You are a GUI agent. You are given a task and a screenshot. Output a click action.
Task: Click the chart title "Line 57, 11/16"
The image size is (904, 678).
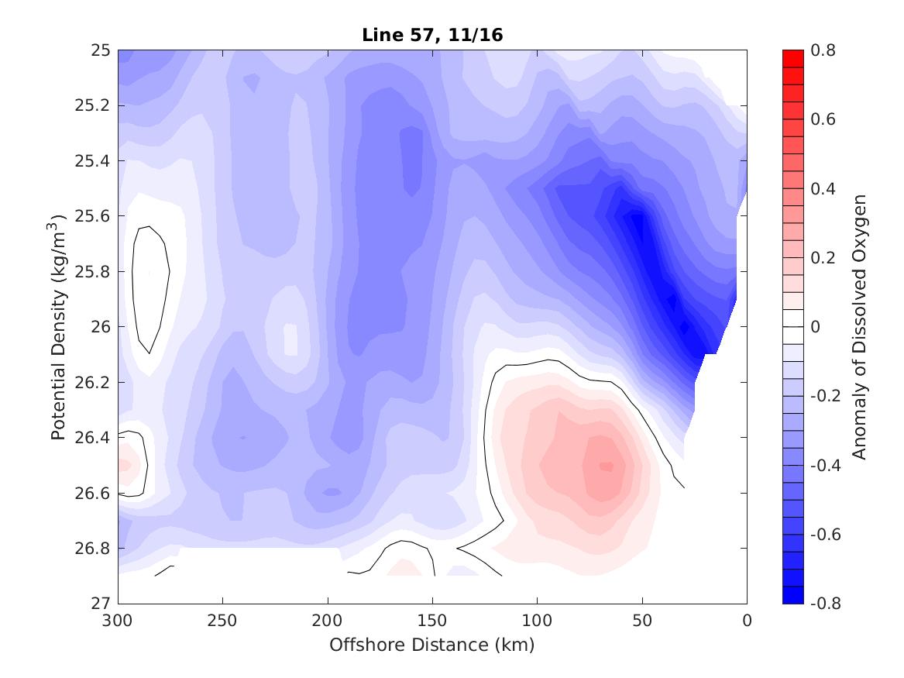[x=432, y=36]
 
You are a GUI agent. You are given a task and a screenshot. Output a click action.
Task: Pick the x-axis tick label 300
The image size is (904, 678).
[x=118, y=621]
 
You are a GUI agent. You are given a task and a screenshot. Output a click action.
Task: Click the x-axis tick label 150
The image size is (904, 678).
[x=432, y=621]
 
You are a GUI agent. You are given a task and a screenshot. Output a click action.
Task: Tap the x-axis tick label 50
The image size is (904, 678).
[x=642, y=621]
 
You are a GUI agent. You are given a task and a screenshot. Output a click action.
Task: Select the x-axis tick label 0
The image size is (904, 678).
[x=747, y=621]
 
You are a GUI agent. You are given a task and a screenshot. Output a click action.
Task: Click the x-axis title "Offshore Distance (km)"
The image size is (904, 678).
[x=432, y=645]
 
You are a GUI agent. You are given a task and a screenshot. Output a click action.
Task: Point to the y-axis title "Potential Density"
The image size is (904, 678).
[x=58, y=326]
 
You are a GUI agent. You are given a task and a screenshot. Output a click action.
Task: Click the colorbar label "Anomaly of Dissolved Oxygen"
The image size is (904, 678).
[x=858, y=326]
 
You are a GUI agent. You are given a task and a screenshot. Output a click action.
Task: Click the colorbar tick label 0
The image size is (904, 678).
[x=814, y=327]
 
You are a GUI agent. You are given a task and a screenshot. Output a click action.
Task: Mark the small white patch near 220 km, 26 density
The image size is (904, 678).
[x=290, y=339]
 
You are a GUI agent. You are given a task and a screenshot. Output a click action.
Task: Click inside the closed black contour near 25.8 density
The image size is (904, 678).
[x=150, y=287]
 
